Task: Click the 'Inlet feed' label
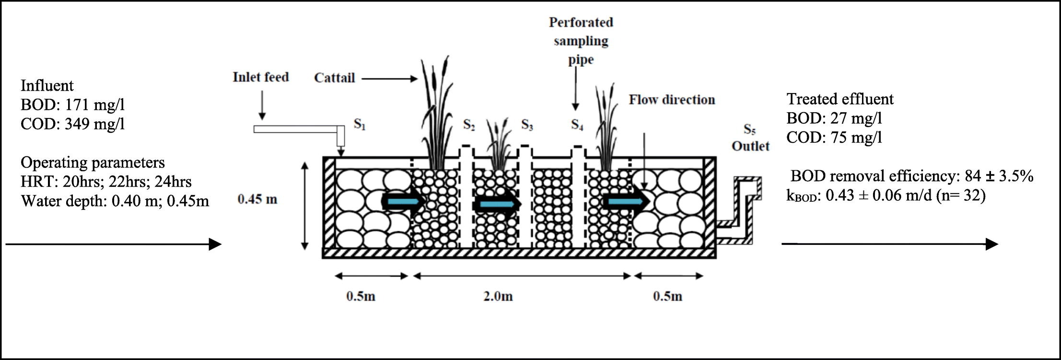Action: [x=261, y=77]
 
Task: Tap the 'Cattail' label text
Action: [x=334, y=78]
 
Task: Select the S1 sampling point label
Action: [x=360, y=124]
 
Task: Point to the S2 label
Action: [x=469, y=125]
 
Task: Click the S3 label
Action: [x=527, y=125]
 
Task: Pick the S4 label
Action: [x=577, y=125]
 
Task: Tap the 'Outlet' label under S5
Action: [x=750, y=146]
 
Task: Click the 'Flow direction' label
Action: [x=672, y=100]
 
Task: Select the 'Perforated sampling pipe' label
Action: [x=581, y=41]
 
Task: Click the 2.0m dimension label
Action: [x=498, y=296]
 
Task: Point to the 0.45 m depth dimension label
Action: [x=257, y=199]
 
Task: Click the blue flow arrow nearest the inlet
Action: [x=403, y=203]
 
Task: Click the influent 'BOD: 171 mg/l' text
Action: [x=72, y=105]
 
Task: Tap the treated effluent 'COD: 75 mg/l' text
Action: [x=834, y=138]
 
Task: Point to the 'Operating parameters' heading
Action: [x=93, y=163]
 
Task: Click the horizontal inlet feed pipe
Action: [x=296, y=129]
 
